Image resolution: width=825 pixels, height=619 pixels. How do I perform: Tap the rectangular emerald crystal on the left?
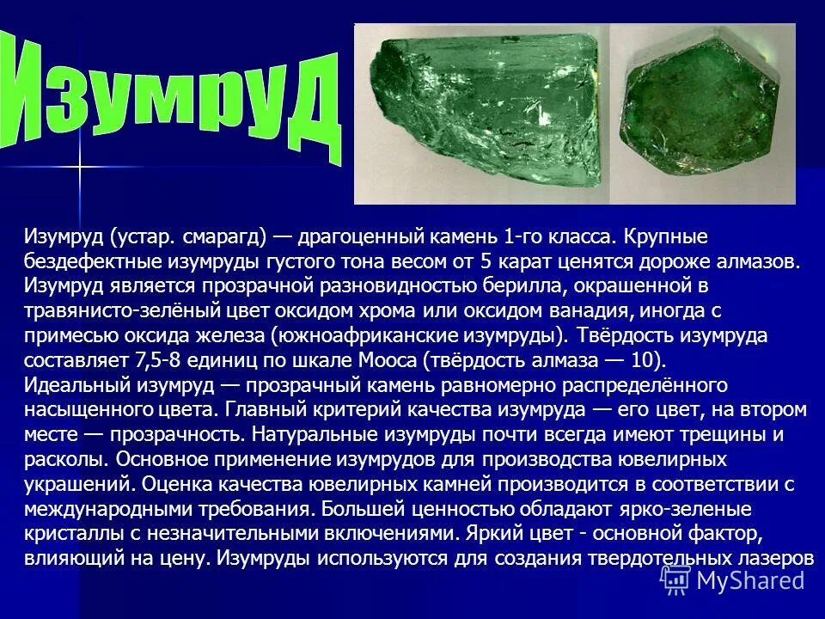(482, 111)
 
